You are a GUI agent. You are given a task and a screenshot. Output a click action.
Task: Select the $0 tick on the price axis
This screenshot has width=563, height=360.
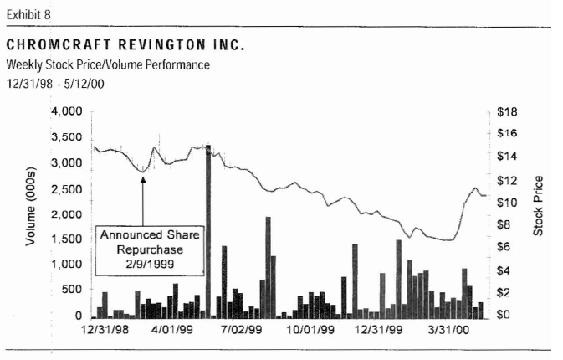coord(504,316)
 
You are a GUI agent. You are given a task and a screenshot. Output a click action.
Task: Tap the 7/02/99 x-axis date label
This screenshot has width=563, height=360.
coord(243,331)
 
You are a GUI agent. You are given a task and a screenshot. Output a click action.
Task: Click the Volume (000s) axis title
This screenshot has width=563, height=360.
coord(31,213)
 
